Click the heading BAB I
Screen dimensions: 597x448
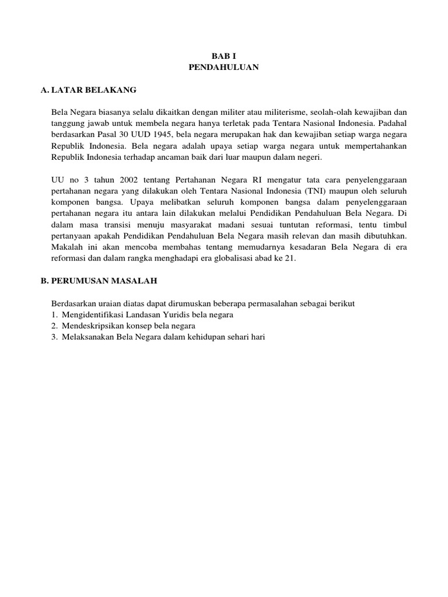coord(223,56)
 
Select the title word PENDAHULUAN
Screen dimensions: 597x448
coord(223,68)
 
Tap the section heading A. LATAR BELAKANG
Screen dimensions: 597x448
coord(88,90)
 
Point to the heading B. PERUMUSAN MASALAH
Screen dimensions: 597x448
coord(99,281)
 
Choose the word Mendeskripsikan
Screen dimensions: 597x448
coord(94,325)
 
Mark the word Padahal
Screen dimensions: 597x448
coord(392,124)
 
